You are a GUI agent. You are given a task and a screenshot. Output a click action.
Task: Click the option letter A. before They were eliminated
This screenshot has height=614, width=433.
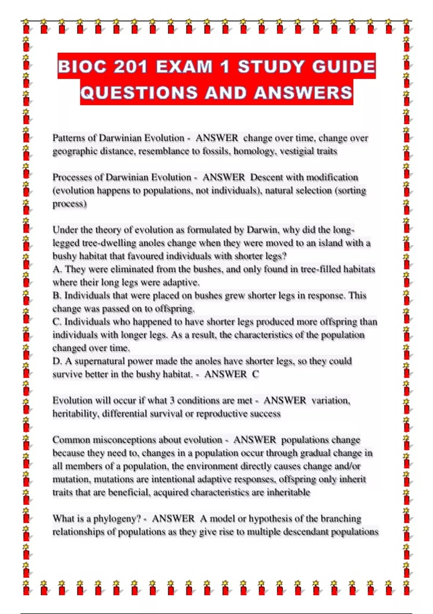point(57,269)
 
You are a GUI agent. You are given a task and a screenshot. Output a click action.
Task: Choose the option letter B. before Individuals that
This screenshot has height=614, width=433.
point(57,296)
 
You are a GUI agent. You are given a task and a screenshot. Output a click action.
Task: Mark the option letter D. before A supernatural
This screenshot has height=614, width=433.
point(57,361)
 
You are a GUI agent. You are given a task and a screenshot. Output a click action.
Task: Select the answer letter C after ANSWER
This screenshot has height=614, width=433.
point(255,374)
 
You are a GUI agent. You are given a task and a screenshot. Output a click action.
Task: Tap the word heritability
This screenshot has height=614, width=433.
point(75,414)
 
